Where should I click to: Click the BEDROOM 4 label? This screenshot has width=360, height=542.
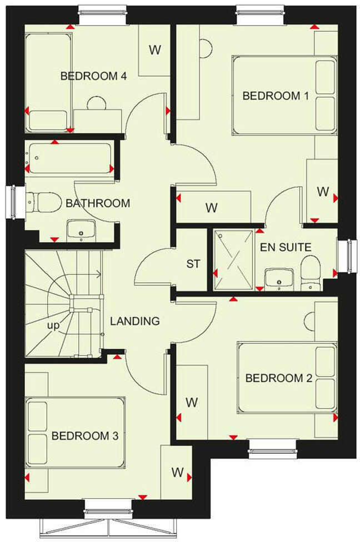coord(94,76)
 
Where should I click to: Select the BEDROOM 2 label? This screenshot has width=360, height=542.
coord(278,378)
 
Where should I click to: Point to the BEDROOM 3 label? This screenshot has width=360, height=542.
coord(85,436)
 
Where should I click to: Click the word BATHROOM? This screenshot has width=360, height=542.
coord(98,203)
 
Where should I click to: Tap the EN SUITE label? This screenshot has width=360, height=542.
coord(286,247)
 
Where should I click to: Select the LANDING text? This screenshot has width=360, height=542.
coord(134,321)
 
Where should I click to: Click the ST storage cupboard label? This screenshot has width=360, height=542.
coord(193,264)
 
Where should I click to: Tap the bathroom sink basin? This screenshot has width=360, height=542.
coord(81,230)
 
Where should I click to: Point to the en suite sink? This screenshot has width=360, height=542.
coord(279,278)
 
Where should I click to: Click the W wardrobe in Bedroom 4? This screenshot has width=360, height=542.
coord(154,50)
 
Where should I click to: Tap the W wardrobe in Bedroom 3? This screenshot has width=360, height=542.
coord(177,473)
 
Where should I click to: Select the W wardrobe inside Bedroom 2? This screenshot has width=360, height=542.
coord(192,401)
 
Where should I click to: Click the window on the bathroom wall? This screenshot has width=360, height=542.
coord(11,202)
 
